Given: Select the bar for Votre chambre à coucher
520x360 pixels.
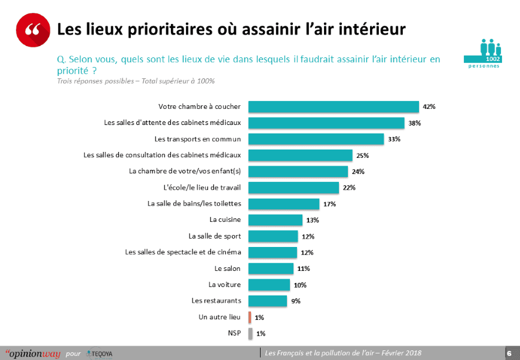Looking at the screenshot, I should [333, 107].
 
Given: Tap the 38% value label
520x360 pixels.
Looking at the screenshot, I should [415, 123].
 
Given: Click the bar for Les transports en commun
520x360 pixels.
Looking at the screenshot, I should [316, 139].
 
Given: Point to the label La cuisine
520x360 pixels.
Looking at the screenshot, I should [225, 220].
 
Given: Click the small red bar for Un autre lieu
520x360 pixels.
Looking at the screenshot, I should [249, 317].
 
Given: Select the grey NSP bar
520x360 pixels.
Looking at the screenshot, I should [249, 333].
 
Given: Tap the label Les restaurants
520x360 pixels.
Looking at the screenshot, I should [216, 300].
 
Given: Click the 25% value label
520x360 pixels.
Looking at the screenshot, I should [362, 155].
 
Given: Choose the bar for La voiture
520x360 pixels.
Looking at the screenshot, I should [268, 285].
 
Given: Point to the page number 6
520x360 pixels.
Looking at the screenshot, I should [509, 353].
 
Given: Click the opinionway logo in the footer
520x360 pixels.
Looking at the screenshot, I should [32, 353].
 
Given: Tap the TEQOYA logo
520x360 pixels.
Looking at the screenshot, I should [99, 353].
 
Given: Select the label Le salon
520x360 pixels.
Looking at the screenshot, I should [227, 269].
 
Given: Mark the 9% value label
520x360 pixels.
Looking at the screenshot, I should [296, 301].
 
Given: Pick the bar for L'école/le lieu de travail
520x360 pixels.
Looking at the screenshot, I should [293, 188].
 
